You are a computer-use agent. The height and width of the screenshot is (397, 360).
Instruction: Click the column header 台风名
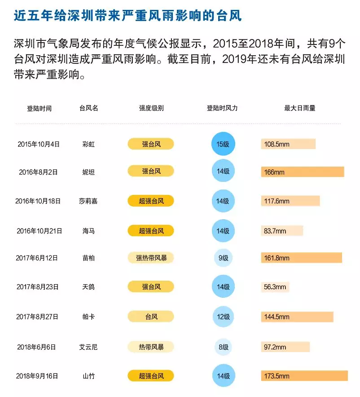pyautogui.click(x=88, y=109)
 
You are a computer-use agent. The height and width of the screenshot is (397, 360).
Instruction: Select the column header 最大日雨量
pyautogui.click(x=300, y=109)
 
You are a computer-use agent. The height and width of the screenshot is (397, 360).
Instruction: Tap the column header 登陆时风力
pyautogui.click(x=222, y=109)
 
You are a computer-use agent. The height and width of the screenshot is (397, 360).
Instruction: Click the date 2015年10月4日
pyautogui.click(x=39, y=144)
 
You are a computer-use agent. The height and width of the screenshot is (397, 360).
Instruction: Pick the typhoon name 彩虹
pyautogui.click(x=88, y=144)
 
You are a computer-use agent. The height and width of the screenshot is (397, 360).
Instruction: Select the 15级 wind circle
pyautogui.click(x=223, y=144)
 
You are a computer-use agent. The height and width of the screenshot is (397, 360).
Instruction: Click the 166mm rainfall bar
pyautogui.click(x=302, y=172)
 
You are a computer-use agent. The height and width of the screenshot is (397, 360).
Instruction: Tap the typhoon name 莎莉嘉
pyautogui.click(x=88, y=201)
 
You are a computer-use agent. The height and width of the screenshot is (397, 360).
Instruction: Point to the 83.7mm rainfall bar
pyautogui.click(x=282, y=231)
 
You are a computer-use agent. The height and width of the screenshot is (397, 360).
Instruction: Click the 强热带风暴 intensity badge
pyautogui.click(x=151, y=258)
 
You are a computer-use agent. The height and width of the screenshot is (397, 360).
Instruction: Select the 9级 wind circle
pyautogui.click(x=223, y=258)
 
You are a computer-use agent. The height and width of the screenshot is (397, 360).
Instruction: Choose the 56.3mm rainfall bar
pyautogui.click(x=275, y=287)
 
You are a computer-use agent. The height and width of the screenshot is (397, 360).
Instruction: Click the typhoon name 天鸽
pyautogui.click(x=88, y=287)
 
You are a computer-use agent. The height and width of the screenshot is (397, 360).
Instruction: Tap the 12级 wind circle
pyautogui.click(x=223, y=317)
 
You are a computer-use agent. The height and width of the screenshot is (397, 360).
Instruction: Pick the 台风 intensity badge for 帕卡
pyautogui.click(x=151, y=317)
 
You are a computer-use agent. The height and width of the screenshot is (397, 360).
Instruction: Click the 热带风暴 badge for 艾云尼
pyautogui.click(x=151, y=347)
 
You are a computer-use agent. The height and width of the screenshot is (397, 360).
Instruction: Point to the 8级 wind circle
pyautogui.click(x=223, y=347)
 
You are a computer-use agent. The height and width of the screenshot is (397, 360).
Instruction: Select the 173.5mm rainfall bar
pyautogui.click(x=304, y=376)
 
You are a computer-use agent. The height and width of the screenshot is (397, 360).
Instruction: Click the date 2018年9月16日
pyautogui.click(x=38, y=376)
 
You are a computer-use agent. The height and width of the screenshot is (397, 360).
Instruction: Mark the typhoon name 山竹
pyautogui.click(x=88, y=376)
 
